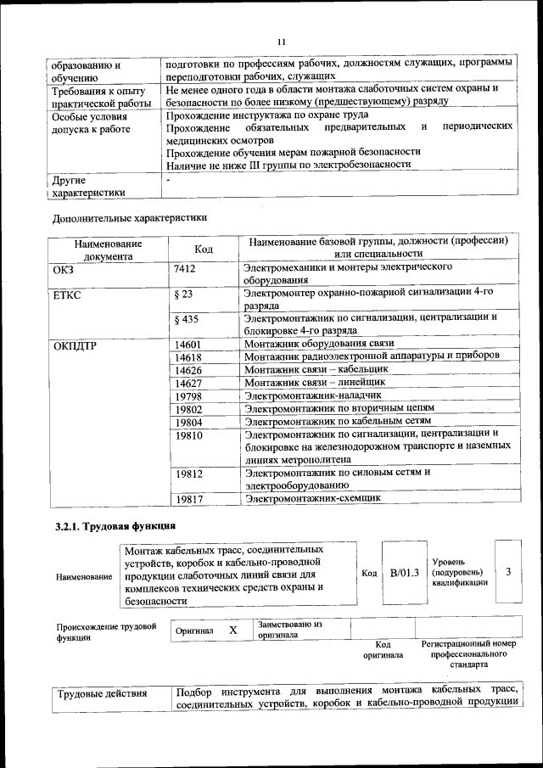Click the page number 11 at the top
tap(282, 42)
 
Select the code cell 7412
tap(185, 268)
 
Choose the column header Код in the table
tap(204, 249)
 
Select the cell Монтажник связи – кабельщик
tap(316, 370)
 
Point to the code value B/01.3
tap(405, 573)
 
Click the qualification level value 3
tap(508, 572)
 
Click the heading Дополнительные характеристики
tap(129, 217)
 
